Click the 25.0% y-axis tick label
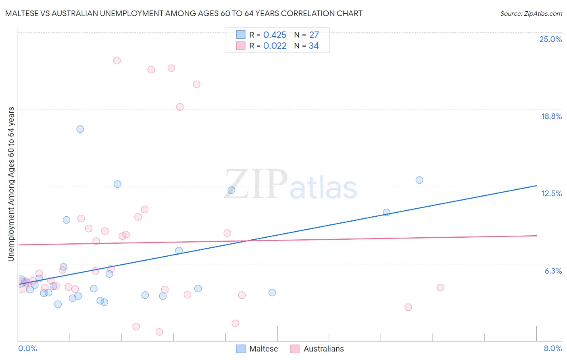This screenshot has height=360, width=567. tap(550, 39)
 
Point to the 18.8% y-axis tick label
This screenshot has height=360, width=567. tap(551, 116)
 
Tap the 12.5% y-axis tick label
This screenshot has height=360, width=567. tap(551, 193)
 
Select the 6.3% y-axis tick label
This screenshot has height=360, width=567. tap(553, 271)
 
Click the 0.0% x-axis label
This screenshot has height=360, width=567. tap(27, 348)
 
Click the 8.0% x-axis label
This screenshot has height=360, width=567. tap(552, 348)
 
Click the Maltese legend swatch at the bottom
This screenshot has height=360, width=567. tap(241, 349)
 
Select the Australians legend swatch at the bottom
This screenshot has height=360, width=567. tap(295, 349)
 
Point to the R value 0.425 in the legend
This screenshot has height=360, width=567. tap(275, 35)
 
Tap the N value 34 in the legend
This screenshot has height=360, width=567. tap(314, 46)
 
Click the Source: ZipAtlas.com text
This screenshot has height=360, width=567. tap(531, 13)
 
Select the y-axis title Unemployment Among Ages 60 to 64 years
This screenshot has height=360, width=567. tap(11, 184)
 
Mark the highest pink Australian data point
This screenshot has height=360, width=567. tap(117, 61)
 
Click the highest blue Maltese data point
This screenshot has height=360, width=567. tap(80, 129)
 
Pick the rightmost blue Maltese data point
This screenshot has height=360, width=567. tap(419, 180)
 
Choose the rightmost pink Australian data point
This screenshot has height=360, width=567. tap(440, 288)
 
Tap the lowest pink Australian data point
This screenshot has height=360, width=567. tap(159, 332)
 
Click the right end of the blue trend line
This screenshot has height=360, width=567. tap(536, 186)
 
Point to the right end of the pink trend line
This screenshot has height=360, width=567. tap(536, 235)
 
